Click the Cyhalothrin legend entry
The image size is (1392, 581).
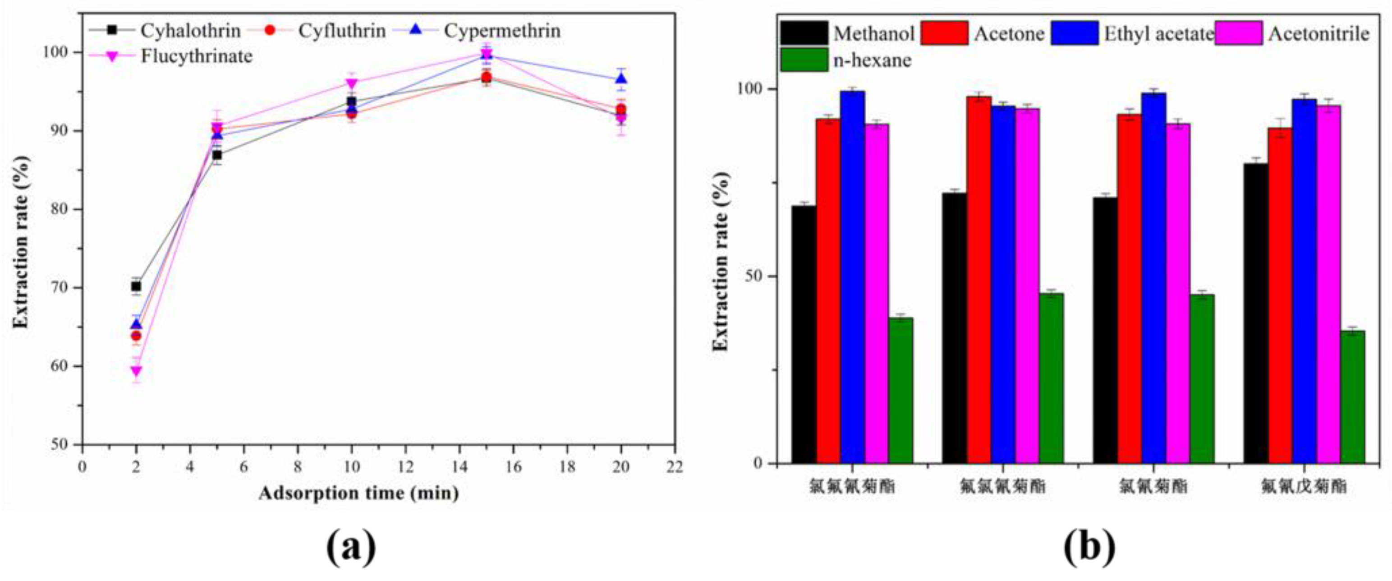[x=190, y=31]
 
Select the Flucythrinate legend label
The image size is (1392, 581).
[x=196, y=56]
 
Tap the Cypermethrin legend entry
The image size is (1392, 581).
[x=501, y=31]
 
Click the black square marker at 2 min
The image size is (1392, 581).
[x=136, y=286]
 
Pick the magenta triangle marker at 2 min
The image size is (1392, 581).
[x=136, y=371]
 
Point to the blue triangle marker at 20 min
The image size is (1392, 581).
[x=621, y=79]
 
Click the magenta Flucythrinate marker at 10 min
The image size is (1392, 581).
[x=352, y=84]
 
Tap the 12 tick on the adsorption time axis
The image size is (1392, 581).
[x=405, y=466]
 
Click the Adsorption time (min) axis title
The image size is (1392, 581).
[x=358, y=493]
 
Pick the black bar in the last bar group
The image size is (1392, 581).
[x=1255, y=314]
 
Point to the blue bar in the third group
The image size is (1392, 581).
[x=1154, y=278]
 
